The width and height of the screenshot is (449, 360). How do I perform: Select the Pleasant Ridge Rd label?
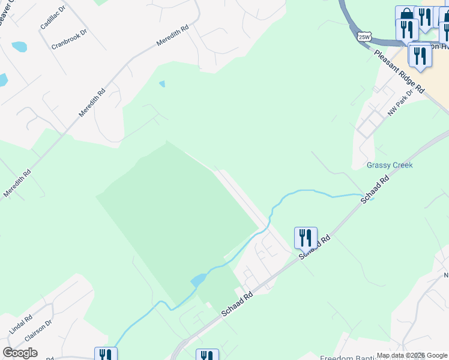[399, 71]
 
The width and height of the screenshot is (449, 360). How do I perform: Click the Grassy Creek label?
[390, 165]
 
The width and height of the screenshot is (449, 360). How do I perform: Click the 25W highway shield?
[364, 37]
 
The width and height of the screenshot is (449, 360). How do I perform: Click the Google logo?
[20, 353]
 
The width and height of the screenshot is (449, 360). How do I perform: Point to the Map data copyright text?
[412, 355]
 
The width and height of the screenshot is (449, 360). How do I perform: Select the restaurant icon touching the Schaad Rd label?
[306, 237]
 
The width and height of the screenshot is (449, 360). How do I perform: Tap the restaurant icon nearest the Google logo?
[105, 355]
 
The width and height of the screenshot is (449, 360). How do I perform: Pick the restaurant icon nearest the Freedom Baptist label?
[207, 356]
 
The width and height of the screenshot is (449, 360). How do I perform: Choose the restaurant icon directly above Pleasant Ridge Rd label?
[419, 55]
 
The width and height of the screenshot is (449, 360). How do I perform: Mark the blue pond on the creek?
[199, 280]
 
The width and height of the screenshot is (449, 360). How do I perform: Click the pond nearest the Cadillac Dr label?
[19, 46]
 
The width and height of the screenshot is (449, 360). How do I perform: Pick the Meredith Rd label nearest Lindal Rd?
[17, 184]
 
